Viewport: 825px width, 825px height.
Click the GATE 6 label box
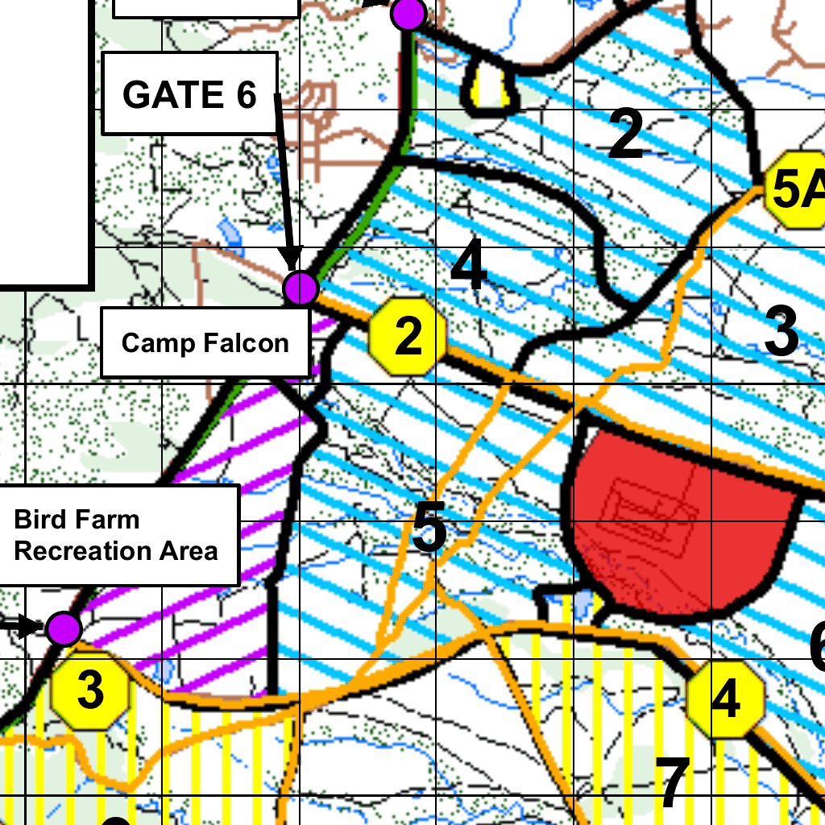[x=190, y=93]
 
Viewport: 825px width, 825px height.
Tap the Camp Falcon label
[x=205, y=342]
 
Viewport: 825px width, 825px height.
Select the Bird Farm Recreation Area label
[x=116, y=535]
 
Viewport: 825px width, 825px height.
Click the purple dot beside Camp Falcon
[x=301, y=288]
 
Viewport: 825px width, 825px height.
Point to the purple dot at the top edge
[x=408, y=13]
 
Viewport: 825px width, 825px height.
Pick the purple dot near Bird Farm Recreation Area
[x=63, y=628]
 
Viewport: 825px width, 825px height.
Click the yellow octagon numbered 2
[x=408, y=336]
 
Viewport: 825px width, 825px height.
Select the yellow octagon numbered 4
[x=725, y=699]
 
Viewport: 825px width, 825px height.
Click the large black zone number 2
[x=626, y=135]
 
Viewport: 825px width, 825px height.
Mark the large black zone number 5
[x=429, y=528]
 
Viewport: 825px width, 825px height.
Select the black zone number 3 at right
[x=781, y=331]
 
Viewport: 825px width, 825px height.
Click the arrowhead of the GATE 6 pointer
[x=292, y=257]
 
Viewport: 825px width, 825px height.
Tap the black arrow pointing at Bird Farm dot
[x=30, y=626]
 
